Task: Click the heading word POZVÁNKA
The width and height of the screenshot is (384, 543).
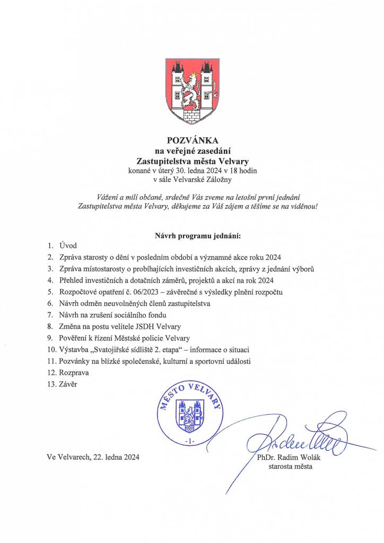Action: click(x=192, y=141)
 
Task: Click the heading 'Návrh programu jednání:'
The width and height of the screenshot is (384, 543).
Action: click(x=192, y=234)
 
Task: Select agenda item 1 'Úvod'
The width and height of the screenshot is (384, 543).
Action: click(x=68, y=246)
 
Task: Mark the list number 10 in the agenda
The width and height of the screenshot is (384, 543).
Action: click(x=51, y=350)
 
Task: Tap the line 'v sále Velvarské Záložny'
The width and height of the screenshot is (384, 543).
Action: click(x=192, y=181)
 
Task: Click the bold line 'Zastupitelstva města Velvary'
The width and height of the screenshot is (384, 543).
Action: click(x=192, y=160)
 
